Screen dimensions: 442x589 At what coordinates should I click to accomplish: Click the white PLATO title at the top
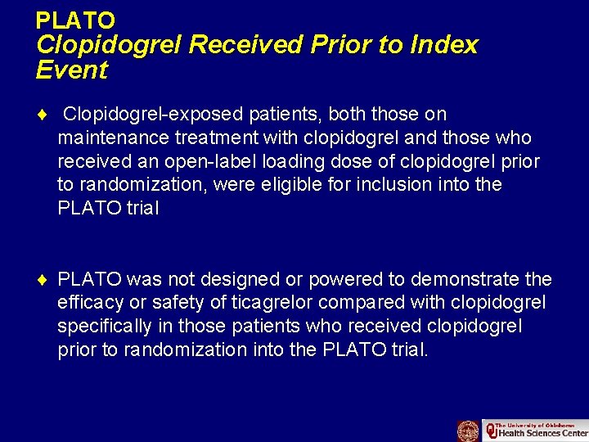75,20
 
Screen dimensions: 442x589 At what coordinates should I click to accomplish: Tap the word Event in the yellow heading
72,70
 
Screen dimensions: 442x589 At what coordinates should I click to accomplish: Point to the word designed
232,279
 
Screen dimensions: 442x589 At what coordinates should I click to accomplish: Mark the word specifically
105,327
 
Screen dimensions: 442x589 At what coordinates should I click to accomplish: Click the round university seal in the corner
468,431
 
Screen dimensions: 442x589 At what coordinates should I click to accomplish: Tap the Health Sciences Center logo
535,431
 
